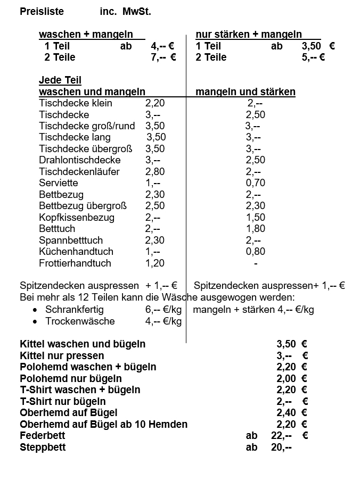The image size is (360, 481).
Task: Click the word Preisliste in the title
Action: (42, 11)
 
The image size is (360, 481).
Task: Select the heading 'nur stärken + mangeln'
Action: (249, 35)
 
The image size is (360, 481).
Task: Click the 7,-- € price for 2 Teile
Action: (163, 57)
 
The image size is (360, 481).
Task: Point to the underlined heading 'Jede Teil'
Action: (60, 80)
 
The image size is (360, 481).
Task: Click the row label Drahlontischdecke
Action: (80, 160)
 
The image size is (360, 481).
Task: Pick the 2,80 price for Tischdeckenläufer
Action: (155, 171)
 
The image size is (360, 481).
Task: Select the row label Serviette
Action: (59, 183)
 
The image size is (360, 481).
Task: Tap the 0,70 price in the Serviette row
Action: (255, 183)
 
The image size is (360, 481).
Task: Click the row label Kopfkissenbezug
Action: (77, 217)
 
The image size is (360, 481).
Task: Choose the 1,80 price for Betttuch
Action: (255, 229)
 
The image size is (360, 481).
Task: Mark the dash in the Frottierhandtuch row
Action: (256, 263)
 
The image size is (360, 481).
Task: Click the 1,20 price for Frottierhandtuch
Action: (155, 263)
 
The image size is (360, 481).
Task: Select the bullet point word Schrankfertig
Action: (75, 310)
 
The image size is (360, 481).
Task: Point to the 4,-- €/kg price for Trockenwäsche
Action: (163, 321)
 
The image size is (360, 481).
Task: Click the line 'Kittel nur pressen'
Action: (62, 355)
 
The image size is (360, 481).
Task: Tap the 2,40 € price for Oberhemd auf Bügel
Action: (292, 412)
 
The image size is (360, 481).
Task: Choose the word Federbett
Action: (42, 436)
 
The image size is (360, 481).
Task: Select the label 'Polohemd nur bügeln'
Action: (71, 378)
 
